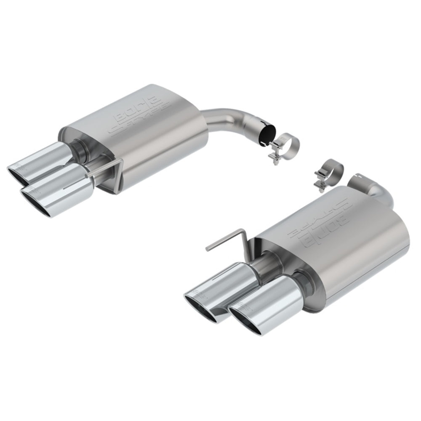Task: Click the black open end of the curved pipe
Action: tap(268, 135)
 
